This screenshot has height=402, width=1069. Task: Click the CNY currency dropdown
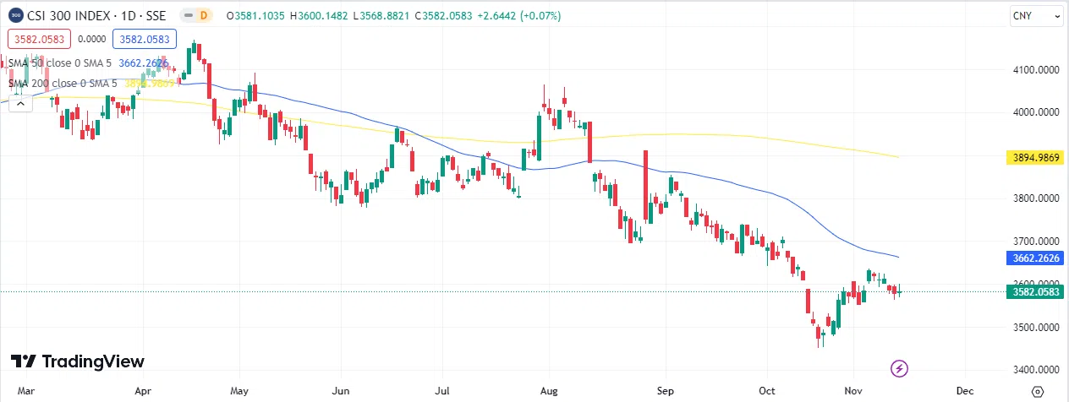[1034, 16]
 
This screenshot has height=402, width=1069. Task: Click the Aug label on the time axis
[550, 391]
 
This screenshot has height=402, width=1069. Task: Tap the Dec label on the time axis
[964, 391]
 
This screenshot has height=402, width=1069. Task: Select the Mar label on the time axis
[26, 391]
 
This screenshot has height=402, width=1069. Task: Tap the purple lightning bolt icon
[901, 368]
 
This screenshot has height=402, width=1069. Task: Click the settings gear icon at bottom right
[1038, 391]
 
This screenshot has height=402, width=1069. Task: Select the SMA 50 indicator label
[59, 62]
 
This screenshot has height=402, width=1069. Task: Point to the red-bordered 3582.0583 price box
[37, 38]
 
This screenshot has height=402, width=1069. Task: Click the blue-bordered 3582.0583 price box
[144, 38]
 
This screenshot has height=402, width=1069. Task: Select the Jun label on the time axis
[342, 391]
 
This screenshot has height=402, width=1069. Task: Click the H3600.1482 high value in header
[323, 16]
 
